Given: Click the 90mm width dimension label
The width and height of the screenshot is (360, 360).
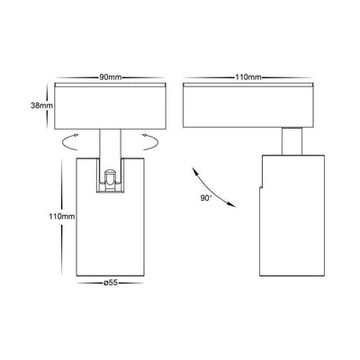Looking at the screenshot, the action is click(111, 77).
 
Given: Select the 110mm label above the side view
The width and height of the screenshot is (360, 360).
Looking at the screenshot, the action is click(247, 77).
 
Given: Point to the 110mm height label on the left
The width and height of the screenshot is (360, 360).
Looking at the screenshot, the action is click(62, 216).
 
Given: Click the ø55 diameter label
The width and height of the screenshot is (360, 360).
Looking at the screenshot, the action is click(110, 283).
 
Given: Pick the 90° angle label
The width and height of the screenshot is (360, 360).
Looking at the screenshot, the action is click(206, 198).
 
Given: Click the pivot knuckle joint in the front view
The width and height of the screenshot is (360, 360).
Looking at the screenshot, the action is click(110, 181).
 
